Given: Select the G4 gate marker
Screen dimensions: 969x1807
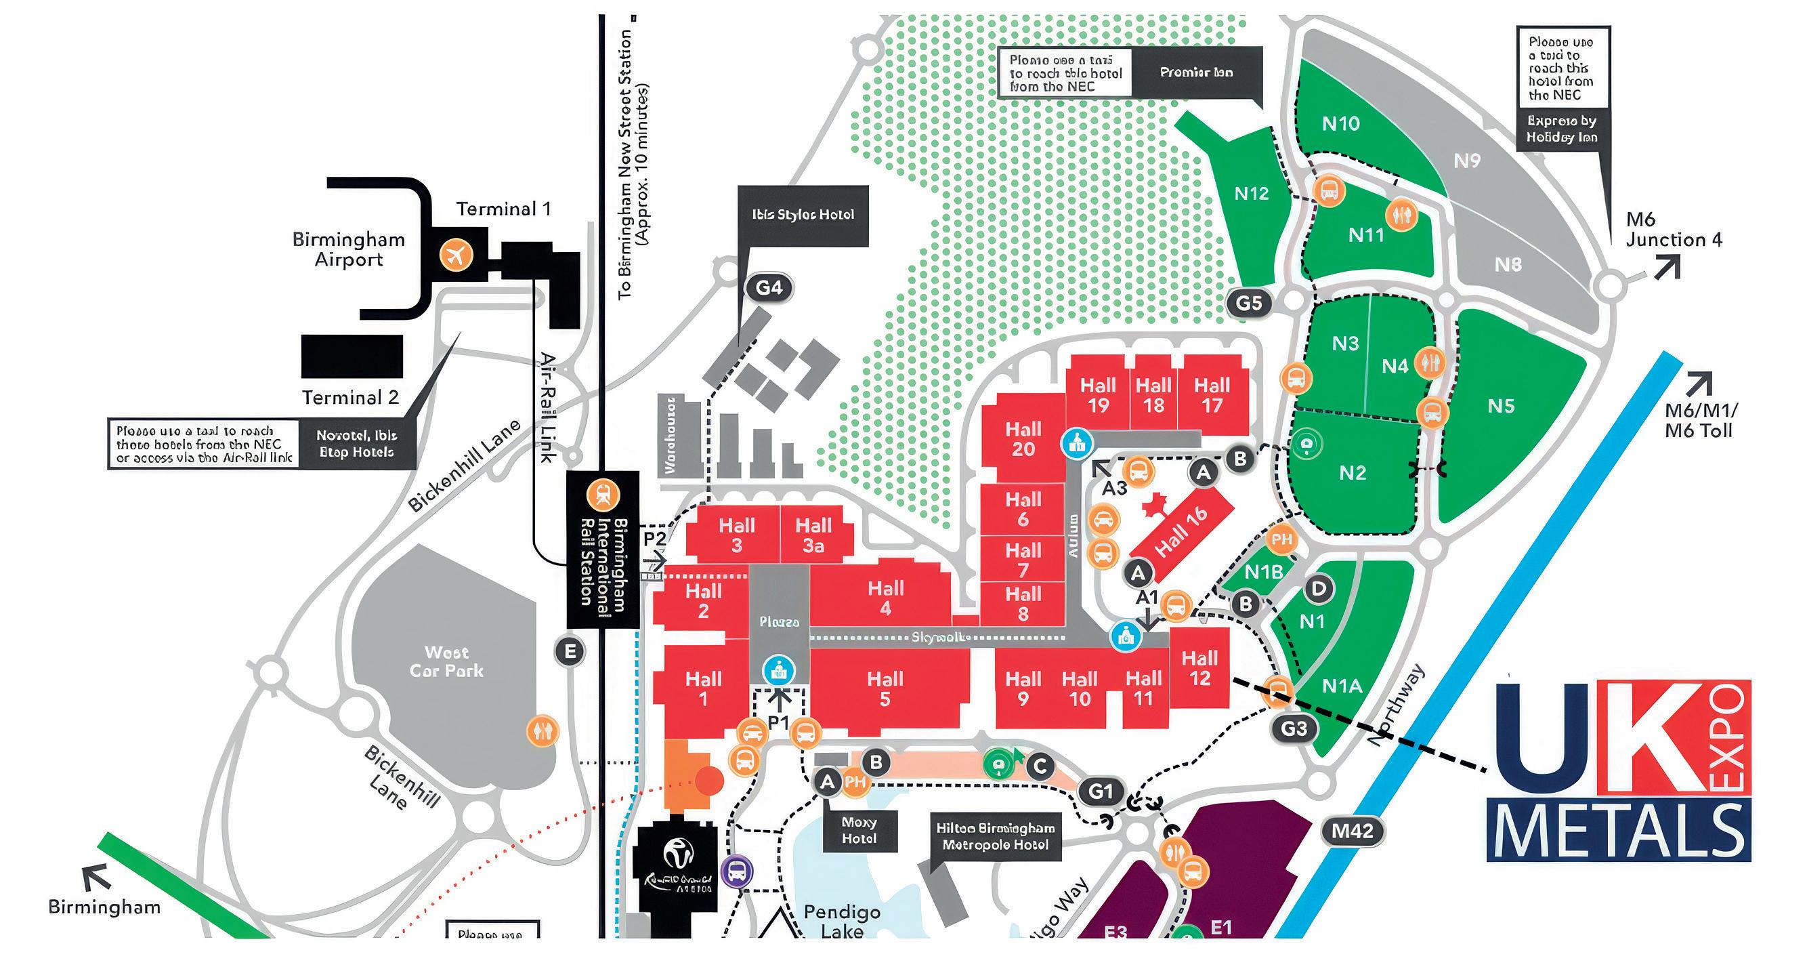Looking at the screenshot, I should (x=769, y=288).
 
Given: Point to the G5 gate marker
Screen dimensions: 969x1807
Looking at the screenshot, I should (x=1249, y=303).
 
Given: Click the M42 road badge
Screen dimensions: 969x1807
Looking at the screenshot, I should (x=1352, y=831).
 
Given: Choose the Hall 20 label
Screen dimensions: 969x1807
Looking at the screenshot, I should (x=1023, y=438).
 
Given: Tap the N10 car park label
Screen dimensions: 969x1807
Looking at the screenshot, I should (x=1340, y=124).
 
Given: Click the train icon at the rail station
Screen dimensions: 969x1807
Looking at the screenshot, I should (x=603, y=496).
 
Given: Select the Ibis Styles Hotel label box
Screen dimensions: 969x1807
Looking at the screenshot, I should (x=803, y=215).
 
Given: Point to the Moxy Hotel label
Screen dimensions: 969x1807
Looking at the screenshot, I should (x=859, y=831).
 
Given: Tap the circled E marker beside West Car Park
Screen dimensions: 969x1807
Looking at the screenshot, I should (x=570, y=652).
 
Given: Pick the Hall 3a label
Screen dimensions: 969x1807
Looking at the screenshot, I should (x=813, y=535).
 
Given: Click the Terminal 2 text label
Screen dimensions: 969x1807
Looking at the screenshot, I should (x=350, y=398).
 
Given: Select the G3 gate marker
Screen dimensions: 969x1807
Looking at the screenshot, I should (x=1294, y=729).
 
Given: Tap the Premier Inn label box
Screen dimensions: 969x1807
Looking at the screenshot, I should (x=1196, y=73).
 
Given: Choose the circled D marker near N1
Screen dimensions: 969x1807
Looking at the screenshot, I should (x=1319, y=588).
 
